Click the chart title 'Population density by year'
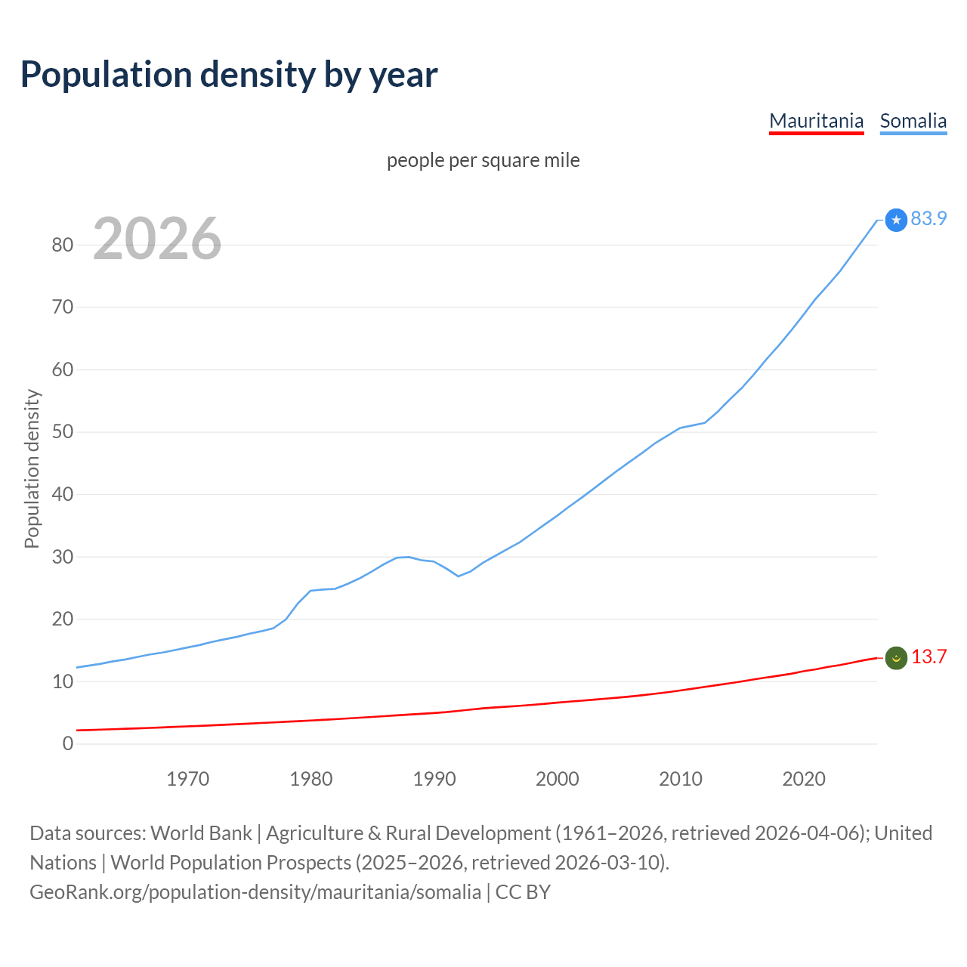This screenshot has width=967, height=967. [229, 75]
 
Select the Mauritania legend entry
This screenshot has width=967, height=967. [816, 121]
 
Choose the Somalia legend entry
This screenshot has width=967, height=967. [913, 121]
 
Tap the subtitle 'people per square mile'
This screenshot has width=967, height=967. [483, 160]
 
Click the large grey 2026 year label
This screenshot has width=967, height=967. [157, 239]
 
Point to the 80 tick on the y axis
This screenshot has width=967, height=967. [63, 245]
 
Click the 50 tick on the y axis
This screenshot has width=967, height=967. [63, 432]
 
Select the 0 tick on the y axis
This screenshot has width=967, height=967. [68, 743]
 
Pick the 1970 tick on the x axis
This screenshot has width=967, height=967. [187, 779]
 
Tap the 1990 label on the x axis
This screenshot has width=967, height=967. [434, 779]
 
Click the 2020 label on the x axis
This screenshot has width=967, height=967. [804, 779]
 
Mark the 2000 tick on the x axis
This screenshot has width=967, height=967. [558, 779]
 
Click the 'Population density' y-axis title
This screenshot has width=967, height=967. [32, 468]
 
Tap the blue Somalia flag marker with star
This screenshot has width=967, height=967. [896, 220]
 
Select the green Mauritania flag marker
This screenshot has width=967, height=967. [896, 658]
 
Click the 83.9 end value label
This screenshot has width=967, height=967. [928, 218]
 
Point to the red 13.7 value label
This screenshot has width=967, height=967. [928, 657]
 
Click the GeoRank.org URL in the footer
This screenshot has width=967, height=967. [255, 892]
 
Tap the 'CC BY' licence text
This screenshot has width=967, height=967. [523, 892]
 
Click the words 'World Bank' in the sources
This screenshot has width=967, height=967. [201, 833]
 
